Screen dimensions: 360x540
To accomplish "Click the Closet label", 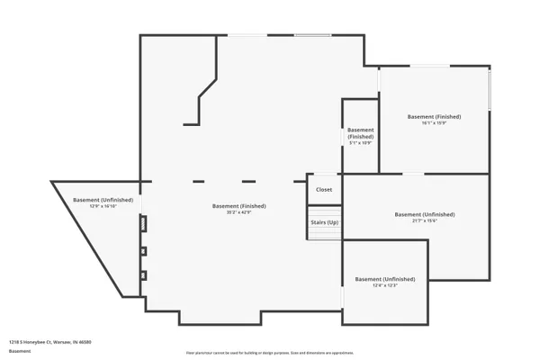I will point(324,190).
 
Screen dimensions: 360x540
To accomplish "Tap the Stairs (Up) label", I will point(324,221).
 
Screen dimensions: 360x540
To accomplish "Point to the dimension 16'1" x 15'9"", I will point(435,123).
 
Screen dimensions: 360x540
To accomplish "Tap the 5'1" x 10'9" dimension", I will point(360,143).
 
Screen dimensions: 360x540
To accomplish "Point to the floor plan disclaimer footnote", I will point(270,352).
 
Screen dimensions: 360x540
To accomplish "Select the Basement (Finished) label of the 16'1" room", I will point(435,117).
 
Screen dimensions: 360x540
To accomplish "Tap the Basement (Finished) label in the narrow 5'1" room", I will point(360,132).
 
